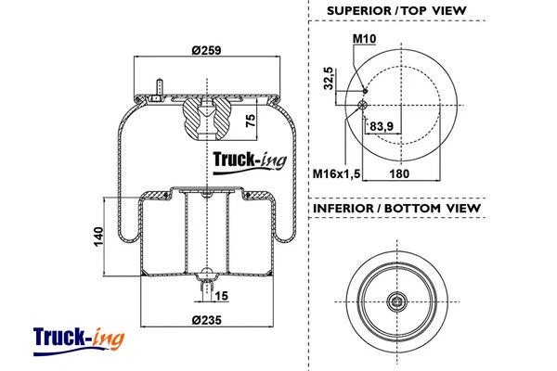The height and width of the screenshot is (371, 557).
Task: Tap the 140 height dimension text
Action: [97, 237]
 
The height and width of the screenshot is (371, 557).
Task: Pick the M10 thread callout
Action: [364, 39]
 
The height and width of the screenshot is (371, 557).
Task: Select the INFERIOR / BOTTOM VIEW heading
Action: [397, 209]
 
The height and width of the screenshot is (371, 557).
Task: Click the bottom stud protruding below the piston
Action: [203, 289]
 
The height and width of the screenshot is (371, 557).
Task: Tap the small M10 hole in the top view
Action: [365, 91]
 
